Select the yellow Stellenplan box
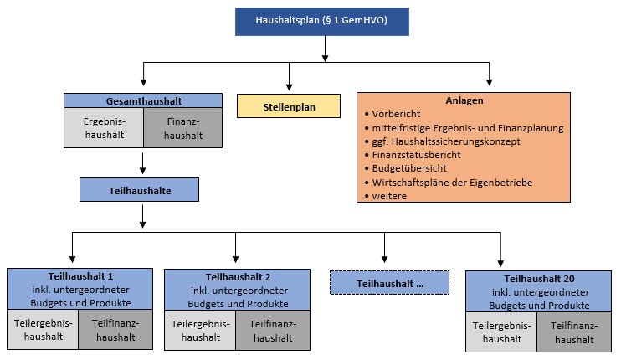(289, 106)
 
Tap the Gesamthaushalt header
(143, 100)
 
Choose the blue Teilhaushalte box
(140, 191)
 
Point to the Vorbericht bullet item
(397, 114)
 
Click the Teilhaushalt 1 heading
(80, 276)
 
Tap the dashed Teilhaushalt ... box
(390, 283)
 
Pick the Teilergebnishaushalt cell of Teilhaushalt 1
(43, 330)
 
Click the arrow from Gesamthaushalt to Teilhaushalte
(143, 163)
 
